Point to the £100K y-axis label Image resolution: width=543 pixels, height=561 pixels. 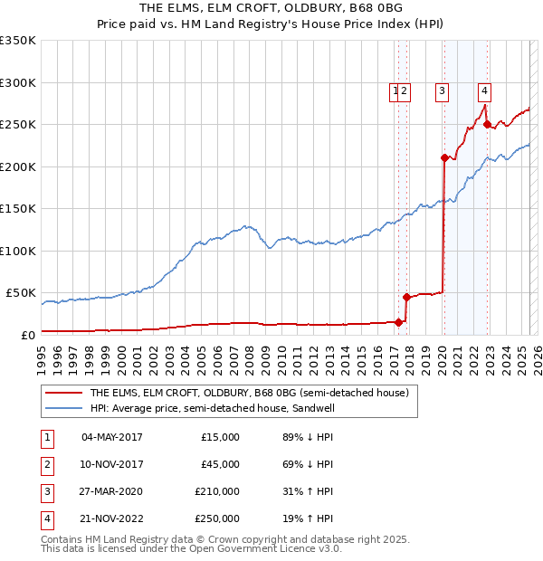18,251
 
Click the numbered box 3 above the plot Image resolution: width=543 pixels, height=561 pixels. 442,90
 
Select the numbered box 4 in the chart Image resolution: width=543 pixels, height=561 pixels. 485,90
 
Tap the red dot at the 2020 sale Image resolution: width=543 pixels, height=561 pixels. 444,157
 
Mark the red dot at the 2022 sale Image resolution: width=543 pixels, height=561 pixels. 487,124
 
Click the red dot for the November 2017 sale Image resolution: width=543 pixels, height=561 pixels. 406,297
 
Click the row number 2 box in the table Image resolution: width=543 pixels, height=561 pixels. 46,464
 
